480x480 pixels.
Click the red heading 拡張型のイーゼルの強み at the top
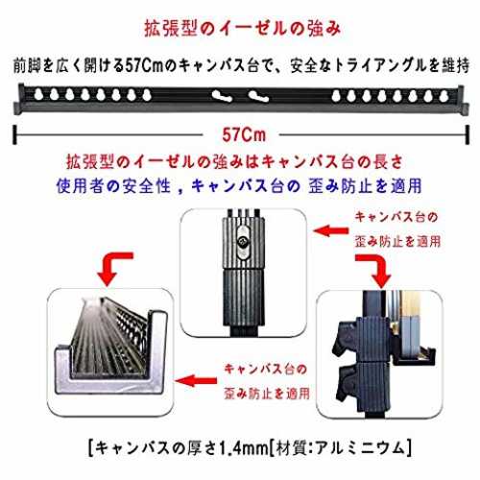pyautogui.click(x=242, y=29)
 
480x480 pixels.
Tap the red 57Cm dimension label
pyautogui.click(x=244, y=134)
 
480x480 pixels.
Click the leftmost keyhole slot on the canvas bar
pyautogui.click(x=38, y=95)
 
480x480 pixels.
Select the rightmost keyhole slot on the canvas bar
pyautogui.click(x=444, y=96)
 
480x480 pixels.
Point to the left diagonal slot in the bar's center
pyautogui.click(x=222, y=96)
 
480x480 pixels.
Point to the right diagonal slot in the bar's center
pyautogui.click(x=258, y=96)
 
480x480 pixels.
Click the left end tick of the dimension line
pyautogui.click(x=14, y=134)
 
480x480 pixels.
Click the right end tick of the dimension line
pyautogui.click(x=468, y=134)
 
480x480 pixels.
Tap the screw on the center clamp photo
pyautogui.click(x=243, y=242)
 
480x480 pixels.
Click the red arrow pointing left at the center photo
pyautogui.click(x=331, y=230)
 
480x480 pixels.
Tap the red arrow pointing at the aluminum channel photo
pyautogui.click(x=196, y=381)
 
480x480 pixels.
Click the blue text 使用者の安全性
pyautogui.click(x=113, y=186)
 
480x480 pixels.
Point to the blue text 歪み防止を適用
pyautogui.click(x=365, y=186)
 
